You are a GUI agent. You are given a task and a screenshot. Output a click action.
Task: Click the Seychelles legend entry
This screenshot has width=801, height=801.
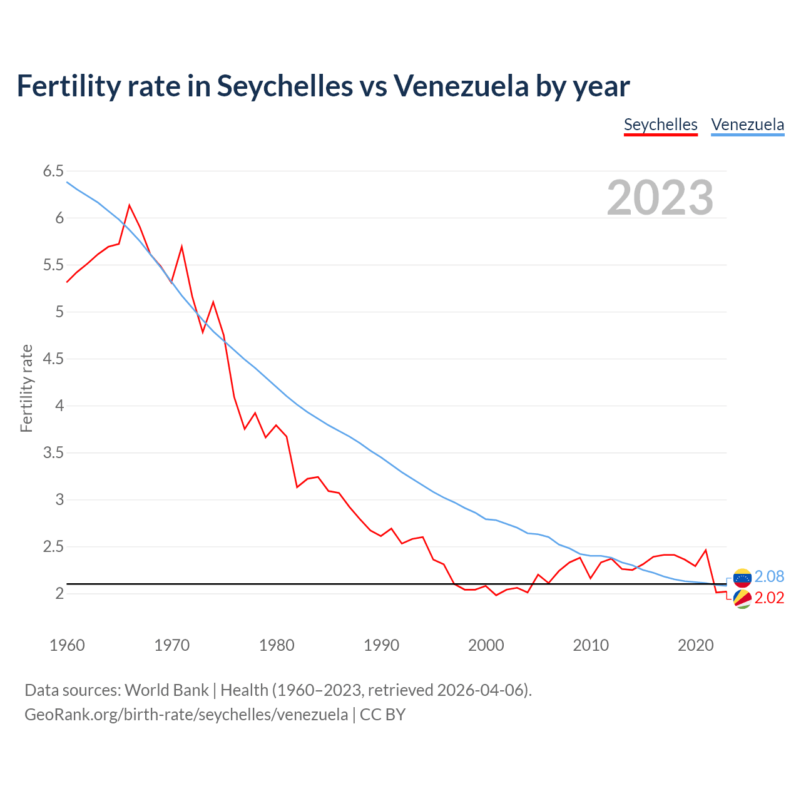660,125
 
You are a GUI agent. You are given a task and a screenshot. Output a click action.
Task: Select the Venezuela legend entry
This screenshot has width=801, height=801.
747,125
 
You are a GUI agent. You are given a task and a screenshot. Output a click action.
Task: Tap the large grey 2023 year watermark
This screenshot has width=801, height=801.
660,198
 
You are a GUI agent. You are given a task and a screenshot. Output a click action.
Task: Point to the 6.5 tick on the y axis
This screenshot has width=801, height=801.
53,171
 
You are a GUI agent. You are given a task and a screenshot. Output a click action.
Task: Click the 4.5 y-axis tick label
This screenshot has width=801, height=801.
53,359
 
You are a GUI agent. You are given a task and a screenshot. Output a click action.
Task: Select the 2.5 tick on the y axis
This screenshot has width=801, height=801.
53,547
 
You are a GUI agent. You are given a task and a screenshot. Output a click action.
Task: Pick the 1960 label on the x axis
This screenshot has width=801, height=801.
67,645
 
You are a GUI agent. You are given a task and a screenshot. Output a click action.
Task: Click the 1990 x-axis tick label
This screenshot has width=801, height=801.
381,645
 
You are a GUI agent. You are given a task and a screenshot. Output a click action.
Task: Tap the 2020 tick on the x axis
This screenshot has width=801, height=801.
695,645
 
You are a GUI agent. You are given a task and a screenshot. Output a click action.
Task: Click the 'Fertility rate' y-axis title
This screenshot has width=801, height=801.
26,388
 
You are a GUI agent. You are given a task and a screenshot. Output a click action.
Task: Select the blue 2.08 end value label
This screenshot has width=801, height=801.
769,576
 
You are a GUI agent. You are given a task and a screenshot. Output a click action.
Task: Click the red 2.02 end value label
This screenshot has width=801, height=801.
769,598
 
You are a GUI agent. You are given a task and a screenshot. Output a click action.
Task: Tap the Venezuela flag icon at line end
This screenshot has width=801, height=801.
742,577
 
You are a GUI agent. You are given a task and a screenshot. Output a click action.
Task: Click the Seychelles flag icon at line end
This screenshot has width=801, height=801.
742,599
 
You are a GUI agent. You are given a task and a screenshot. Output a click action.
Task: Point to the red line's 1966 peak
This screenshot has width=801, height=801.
130,205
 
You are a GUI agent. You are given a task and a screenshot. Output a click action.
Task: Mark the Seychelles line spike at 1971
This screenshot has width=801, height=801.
181,247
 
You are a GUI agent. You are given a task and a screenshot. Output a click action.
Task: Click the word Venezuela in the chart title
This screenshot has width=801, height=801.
461,86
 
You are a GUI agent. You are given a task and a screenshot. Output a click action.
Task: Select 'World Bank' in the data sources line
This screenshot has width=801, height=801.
166,690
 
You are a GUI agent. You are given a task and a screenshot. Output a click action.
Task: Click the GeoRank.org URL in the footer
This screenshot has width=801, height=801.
186,715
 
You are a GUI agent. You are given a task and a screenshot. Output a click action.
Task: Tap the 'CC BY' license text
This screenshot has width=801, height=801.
382,715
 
